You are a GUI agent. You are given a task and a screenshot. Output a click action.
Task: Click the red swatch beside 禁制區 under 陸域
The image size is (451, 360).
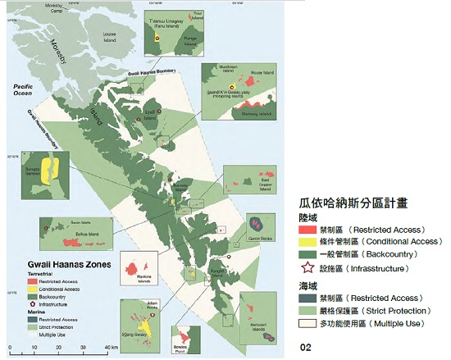pos(308,230)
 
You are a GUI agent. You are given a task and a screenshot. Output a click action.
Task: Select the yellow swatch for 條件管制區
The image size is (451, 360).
pos(308,242)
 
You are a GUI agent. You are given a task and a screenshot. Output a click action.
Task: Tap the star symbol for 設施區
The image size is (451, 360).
pos(308,268)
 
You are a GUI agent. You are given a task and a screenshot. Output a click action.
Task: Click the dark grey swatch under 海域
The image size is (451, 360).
pos(308,299)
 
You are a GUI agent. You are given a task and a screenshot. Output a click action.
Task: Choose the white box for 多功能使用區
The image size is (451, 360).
pos(308,324)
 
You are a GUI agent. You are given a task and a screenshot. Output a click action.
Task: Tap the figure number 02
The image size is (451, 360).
pos(306,348)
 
